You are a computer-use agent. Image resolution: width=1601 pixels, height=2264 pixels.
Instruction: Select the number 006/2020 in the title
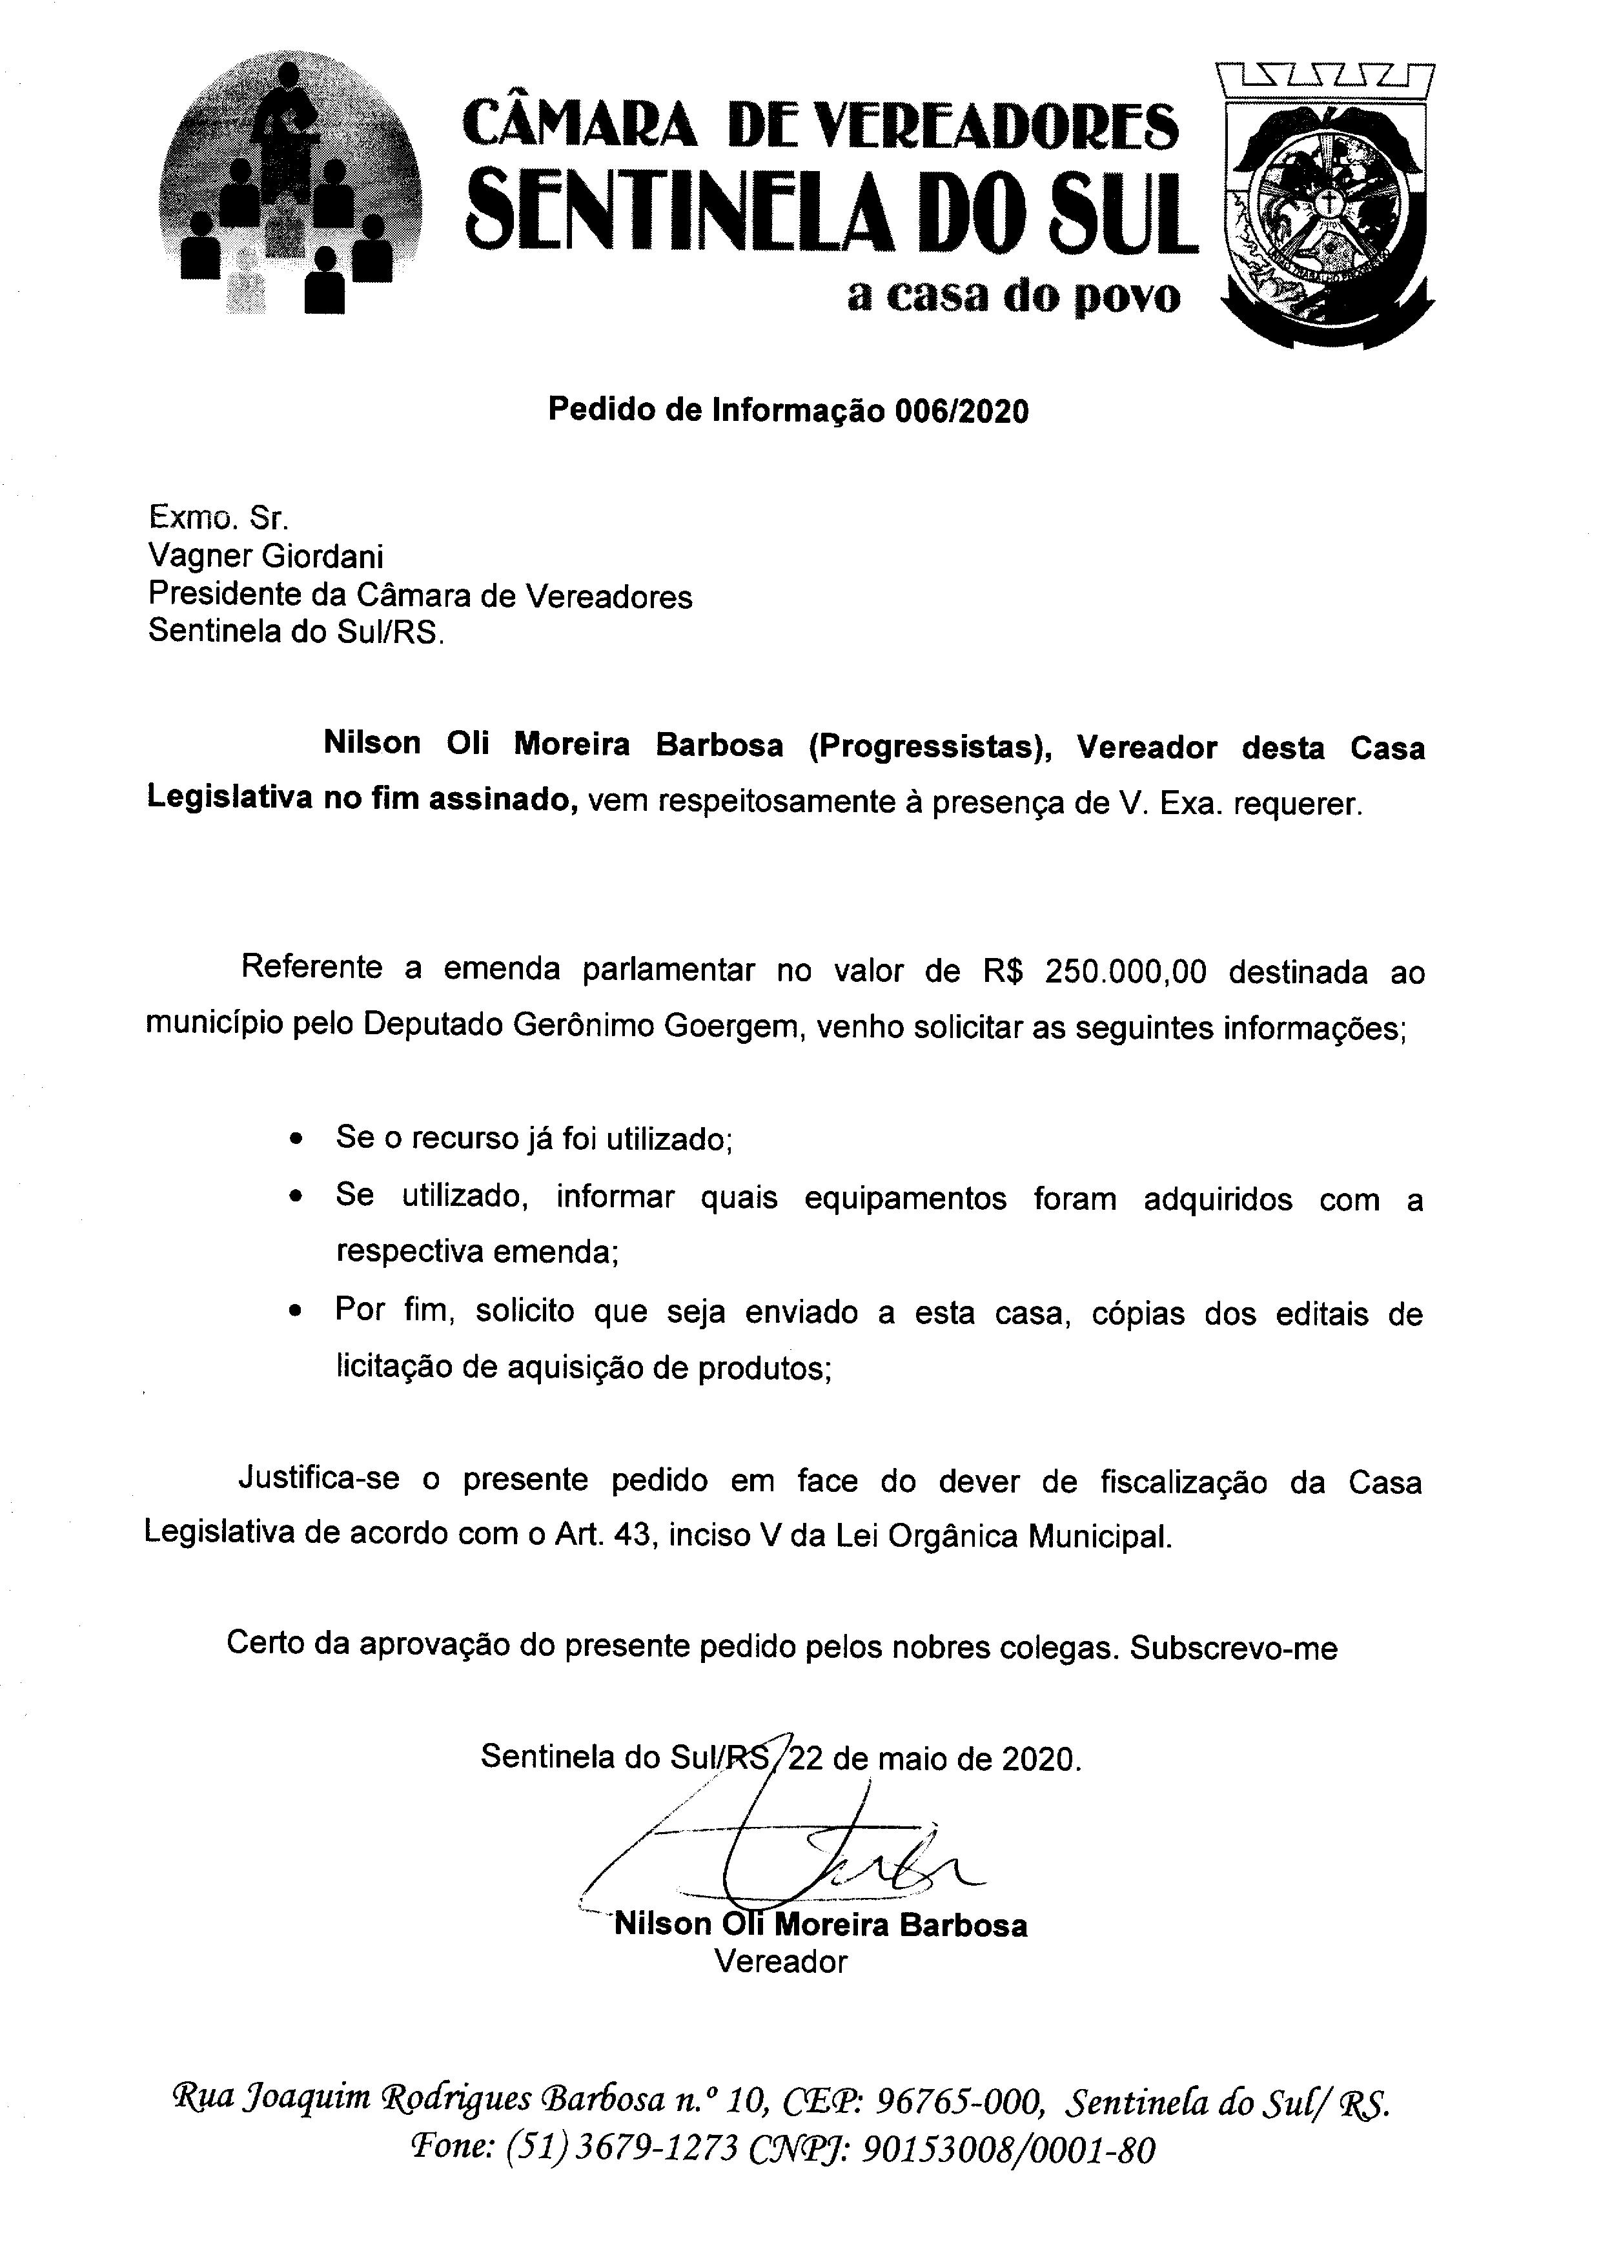tap(961, 411)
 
